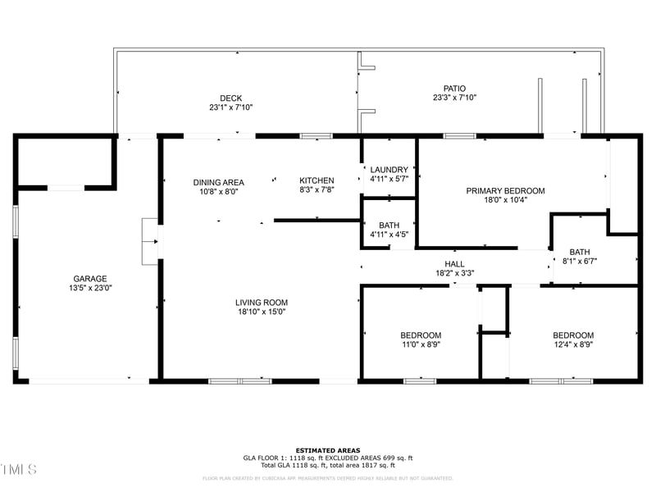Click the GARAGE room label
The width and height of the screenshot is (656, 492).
click(x=89, y=279)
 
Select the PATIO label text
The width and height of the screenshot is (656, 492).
click(x=454, y=88)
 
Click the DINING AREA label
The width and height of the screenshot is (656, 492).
click(x=218, y=182)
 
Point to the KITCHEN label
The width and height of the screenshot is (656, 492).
click(x=317, y=180)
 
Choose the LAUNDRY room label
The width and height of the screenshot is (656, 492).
click(x=389, y=170)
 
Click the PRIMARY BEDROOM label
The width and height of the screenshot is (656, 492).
click(x=505, y=191)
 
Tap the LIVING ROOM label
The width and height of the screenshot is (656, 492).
click(x=262, y=303)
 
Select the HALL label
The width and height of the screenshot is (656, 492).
click(x=454, y=264)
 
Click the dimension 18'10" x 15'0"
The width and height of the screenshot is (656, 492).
click(x=262, y=312)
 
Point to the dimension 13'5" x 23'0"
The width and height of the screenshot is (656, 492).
click(x=89, y=288)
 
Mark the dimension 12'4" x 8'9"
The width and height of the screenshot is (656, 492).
click(x=572, y=344)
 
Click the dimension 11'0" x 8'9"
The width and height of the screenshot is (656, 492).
click(x=421, y=344)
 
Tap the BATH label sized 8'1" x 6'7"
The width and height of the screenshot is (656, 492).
click(x=580, y=253)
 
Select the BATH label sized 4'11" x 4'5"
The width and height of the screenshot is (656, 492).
click(x=389, y=225)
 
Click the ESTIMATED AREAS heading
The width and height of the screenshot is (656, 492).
click(x=327, y=450)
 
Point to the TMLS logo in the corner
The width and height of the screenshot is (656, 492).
click(x=18, y=469)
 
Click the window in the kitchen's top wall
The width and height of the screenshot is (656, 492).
click(x=310, y=135)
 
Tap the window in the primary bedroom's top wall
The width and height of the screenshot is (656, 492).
click(x=459, y=135)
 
